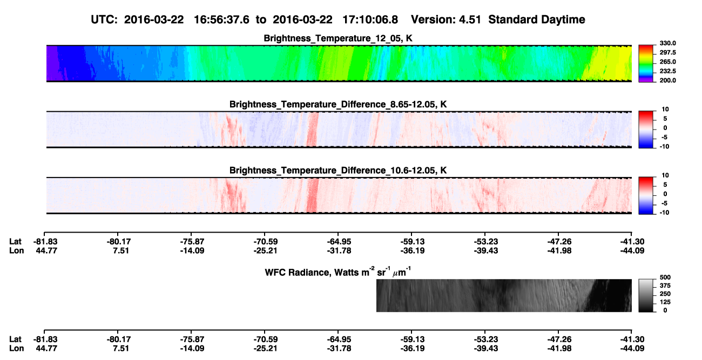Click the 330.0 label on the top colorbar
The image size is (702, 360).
coord(667,43)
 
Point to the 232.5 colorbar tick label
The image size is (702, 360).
coord(667,71)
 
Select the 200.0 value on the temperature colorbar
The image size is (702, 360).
coord(667,80)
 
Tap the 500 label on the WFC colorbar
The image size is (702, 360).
coord(665,277)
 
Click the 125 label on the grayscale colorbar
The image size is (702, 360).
coord(665,302)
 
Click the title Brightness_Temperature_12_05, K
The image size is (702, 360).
coord(338,38)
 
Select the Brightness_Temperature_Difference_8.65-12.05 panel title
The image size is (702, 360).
coord(338,104)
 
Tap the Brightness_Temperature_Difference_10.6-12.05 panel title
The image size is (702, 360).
coord(338,171)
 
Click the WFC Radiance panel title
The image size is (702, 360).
coord(338,272)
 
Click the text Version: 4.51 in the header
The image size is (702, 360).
coord(446,19)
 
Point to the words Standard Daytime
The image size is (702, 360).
coord(537,19)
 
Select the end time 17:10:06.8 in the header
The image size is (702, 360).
coord(370,19)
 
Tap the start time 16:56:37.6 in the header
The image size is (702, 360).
coord(221,19)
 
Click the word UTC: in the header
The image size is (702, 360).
coord(104,19)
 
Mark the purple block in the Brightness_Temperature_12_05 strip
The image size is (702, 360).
coord(52,63)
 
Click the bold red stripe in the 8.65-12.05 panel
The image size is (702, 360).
coord(313,130)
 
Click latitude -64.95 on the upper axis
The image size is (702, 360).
coord(339,242)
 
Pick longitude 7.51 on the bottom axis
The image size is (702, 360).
coord(121,349)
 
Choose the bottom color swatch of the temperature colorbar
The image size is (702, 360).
coord(646,80)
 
